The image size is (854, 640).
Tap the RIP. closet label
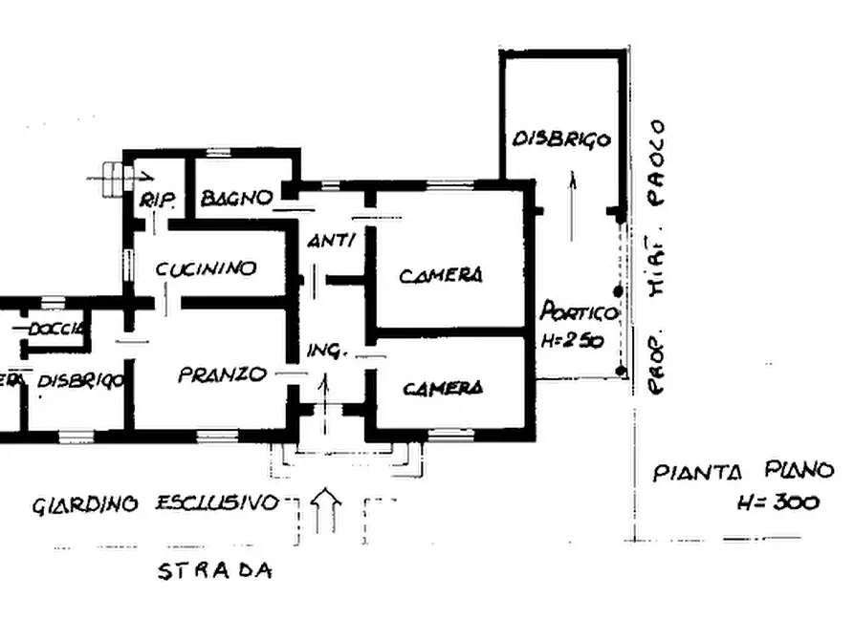(155, 201)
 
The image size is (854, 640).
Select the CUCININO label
(207, 268)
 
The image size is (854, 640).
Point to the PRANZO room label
(222, 375)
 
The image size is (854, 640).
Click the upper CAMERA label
(441, 276)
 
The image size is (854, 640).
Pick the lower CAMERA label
(442, 389)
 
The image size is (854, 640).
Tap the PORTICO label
(580, 312)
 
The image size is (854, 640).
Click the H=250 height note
(572, 340)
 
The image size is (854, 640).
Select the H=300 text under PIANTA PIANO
(777, 502)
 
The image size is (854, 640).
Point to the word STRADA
(214, 572)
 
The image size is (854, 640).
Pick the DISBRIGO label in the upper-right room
(561, 139)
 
